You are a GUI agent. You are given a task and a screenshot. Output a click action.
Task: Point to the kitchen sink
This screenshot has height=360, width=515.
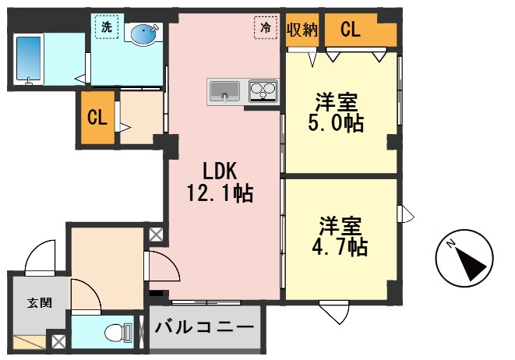226,91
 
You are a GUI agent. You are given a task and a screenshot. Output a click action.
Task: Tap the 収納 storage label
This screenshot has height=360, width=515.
302,30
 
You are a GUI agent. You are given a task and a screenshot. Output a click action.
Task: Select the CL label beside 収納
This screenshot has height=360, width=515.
351,30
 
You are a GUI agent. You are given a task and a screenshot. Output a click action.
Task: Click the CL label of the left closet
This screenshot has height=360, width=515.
97,118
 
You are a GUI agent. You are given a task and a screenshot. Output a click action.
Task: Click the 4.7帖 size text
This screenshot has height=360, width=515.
342,247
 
